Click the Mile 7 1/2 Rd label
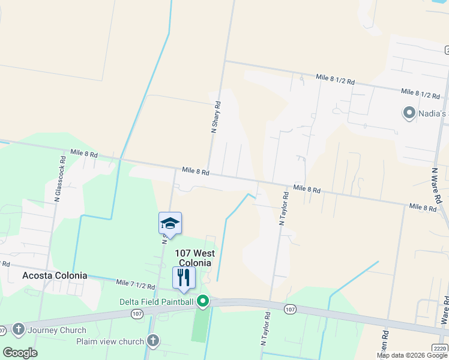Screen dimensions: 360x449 [136, 284]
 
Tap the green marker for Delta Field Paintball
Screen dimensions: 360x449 [203, 301]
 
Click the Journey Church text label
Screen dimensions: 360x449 [56, 330]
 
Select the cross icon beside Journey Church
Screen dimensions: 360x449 [18, 329]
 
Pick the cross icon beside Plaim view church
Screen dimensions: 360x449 [152, 341]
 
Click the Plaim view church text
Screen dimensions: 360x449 [110, 341]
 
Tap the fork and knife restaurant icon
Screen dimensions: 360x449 [184, 277]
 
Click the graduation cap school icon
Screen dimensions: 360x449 [170, 223]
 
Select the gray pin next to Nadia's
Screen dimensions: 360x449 [409, 113]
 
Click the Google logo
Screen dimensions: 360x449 [20, 353]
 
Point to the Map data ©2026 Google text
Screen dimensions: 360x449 [411, 355]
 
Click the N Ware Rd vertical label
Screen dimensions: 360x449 [437, 185]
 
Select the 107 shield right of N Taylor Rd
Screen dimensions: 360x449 [291, 309]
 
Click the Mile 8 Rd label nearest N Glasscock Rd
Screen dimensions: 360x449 [84, 154]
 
